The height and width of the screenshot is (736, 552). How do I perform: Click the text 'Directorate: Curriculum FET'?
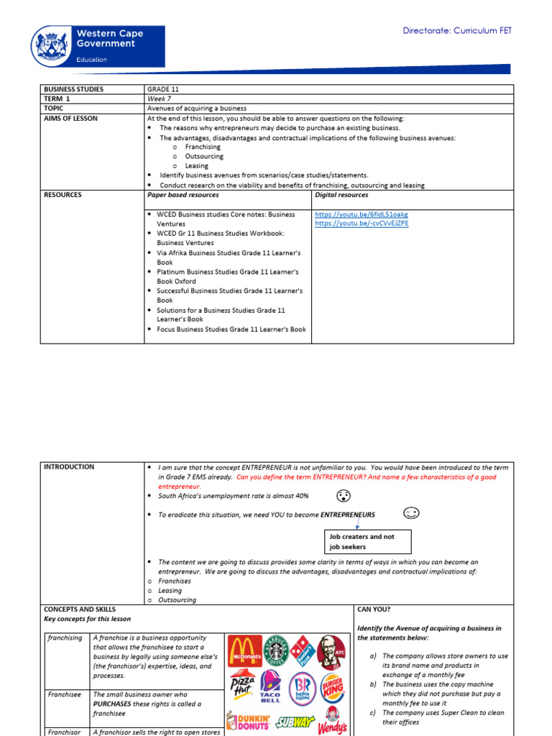click(457, 31)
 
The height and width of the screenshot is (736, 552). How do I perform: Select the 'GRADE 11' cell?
click(162, 89)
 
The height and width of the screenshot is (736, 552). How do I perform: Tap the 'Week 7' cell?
click(158, 98)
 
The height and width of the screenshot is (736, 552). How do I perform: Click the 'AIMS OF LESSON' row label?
click(70, 118)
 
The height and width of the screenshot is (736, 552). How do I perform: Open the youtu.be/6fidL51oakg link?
click(362, 214)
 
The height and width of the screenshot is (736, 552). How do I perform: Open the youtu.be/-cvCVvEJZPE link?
click(362, 224)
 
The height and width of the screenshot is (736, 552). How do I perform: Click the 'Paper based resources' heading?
click(183, 195)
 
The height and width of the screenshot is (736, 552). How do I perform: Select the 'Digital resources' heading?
click(341, 195)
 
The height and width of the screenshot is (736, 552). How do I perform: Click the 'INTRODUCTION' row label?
click(69, 466)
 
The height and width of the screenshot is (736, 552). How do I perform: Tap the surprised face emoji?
click(344, 496)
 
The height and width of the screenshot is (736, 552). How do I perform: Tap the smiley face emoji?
click(411, 513)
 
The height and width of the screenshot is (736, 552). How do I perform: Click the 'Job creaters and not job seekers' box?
click(367, 541)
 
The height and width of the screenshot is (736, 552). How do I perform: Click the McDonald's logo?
click(245, 651)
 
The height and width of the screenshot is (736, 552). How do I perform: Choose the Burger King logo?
click(333, 689)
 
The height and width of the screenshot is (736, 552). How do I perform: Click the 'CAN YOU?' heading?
click(374, 609)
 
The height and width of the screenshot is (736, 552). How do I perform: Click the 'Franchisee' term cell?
click(64, 694)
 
